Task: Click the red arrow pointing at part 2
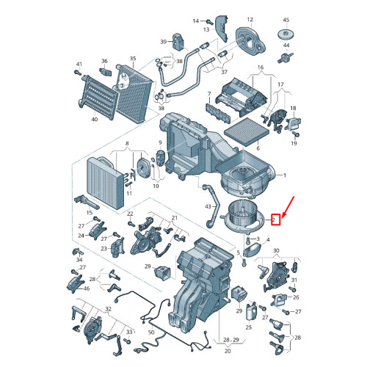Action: tap(288, 206)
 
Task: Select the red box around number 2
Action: tap(275, 219)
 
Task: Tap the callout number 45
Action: tap(286, 20)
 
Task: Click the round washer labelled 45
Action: tap(286, 34)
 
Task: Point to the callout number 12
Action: tap(250, 19)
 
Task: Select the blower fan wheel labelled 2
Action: tap(243, 216)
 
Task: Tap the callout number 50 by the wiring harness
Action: tap(151, 332)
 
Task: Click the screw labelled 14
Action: tap(209, 21)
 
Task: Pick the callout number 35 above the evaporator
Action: tap(133, 59)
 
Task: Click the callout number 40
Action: tap(95, 119)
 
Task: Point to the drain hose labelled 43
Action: tap(211, 205)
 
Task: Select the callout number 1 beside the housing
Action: tap(285, 175)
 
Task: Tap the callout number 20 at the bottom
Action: tap(228, 351)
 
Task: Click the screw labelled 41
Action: tap(78, 73)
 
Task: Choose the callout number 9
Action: tap(160, 142)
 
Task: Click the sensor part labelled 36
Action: tap(106, 71)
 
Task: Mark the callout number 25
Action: tap(249, 327)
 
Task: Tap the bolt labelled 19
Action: tap(296, 134)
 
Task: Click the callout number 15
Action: tap(90, 213)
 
